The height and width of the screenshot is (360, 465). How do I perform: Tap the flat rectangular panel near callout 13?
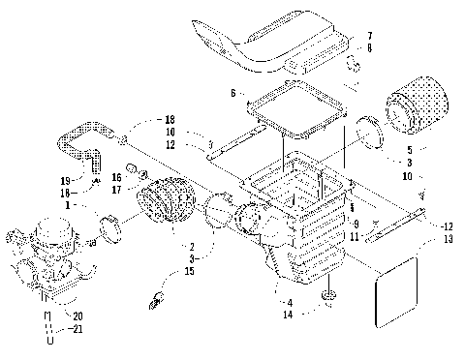pyautogui.click(x=396, y=287)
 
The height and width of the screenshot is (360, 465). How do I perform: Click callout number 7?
pyautogui.click(x=368, y=37)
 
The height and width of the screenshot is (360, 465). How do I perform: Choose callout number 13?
pyautogui.click(x=447, y=238)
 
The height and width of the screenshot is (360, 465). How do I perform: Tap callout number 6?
pyautogui.click(x=233, y=93)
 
